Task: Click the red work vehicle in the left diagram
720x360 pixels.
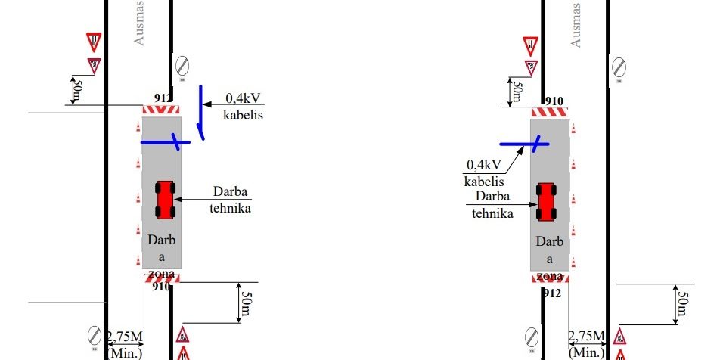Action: [165, 200]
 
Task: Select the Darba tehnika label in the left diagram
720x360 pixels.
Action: [230, 200]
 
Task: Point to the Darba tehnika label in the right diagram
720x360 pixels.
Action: [492, 205]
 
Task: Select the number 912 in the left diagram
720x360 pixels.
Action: [163, 98]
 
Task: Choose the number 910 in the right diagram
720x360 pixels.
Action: [554, 101]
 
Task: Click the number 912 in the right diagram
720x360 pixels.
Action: [551, 292]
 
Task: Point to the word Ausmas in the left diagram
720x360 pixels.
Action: [139, 23]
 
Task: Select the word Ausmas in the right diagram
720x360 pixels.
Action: [576, 26]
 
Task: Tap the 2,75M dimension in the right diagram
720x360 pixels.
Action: [587, 337]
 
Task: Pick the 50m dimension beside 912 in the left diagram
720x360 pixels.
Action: [75, 91]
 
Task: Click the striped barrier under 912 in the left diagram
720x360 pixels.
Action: [160, 110]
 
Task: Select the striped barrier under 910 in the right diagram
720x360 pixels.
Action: [551, 112]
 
